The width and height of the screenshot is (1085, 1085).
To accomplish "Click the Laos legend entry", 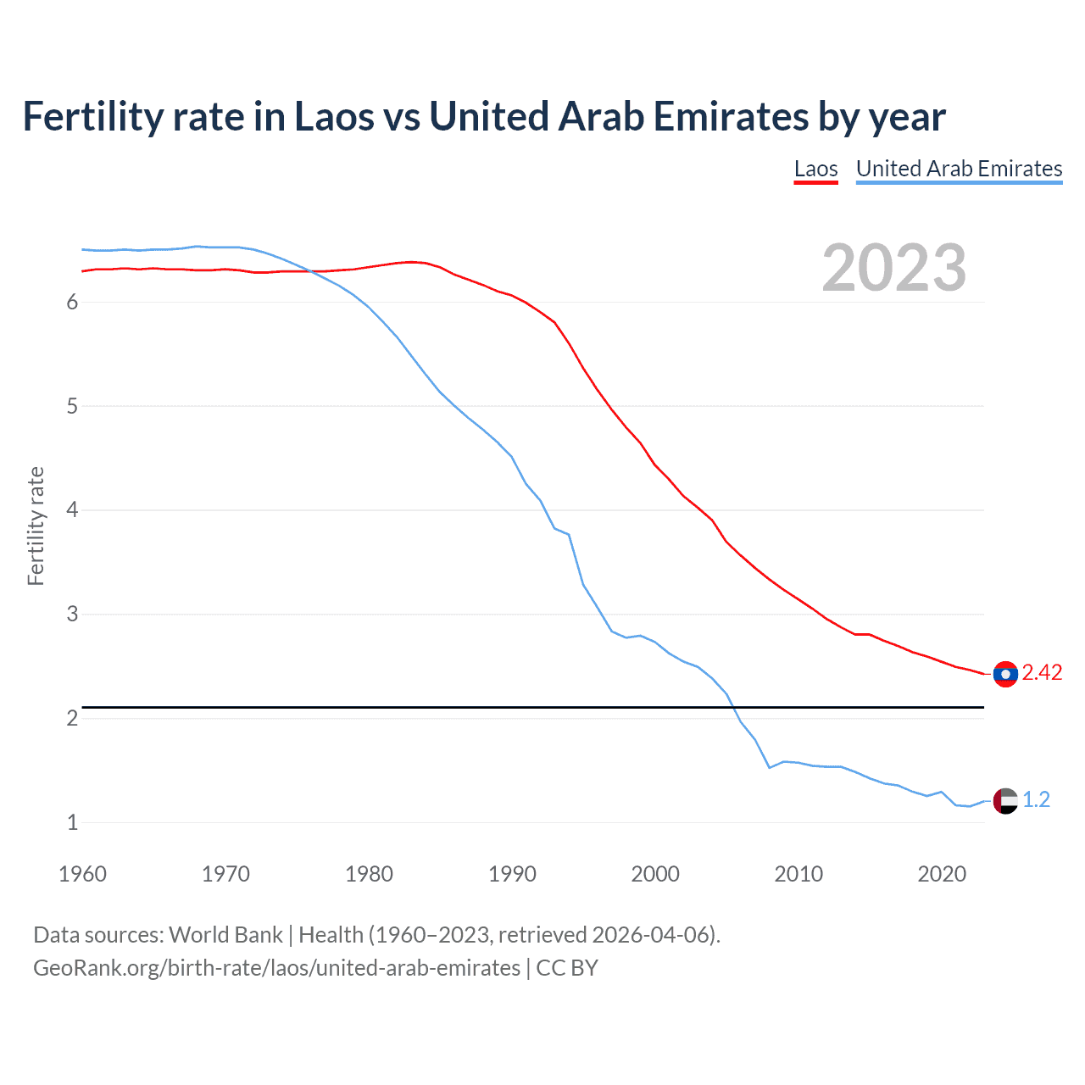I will [815, 169].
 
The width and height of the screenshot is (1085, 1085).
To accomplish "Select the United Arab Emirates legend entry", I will [959, 169].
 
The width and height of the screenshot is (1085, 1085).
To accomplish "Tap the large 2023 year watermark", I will [893, 268].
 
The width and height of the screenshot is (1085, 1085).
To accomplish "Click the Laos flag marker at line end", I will [1005, 674].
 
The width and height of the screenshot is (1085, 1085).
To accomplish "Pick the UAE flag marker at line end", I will [1005, 800].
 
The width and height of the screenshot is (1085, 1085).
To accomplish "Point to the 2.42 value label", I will [1042, 673].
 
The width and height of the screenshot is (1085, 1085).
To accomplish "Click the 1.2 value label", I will [1036, 800].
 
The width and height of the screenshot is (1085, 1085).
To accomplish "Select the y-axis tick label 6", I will [72, 303].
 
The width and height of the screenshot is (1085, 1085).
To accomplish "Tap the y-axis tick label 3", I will [72, 614].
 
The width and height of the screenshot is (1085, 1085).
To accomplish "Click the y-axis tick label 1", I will [72, 822].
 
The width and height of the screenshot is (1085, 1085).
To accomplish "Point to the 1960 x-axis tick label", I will [82, 874].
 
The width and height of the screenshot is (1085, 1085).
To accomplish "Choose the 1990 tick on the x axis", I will [512, 874].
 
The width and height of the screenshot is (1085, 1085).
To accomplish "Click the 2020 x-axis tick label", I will [942, 874].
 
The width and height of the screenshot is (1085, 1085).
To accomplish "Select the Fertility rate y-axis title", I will [36, 526].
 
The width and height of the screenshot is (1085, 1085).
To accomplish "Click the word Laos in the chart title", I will [333, 117].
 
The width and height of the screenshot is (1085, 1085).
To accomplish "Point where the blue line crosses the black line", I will [732, 707].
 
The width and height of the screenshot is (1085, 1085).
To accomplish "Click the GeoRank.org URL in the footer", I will [276, 968].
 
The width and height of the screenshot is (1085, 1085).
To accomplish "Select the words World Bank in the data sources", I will [225, 935].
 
